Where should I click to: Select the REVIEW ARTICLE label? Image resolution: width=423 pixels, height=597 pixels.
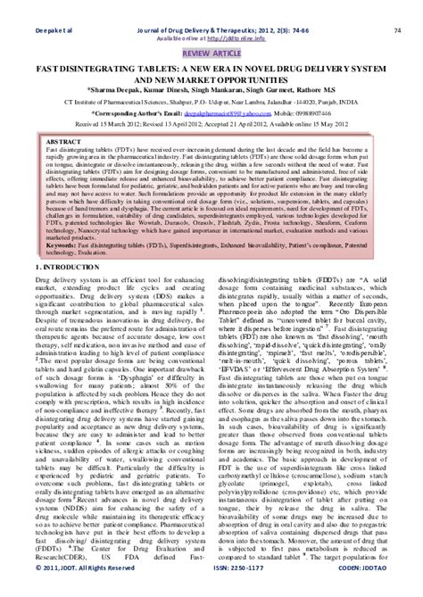[x=211, y=29]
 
